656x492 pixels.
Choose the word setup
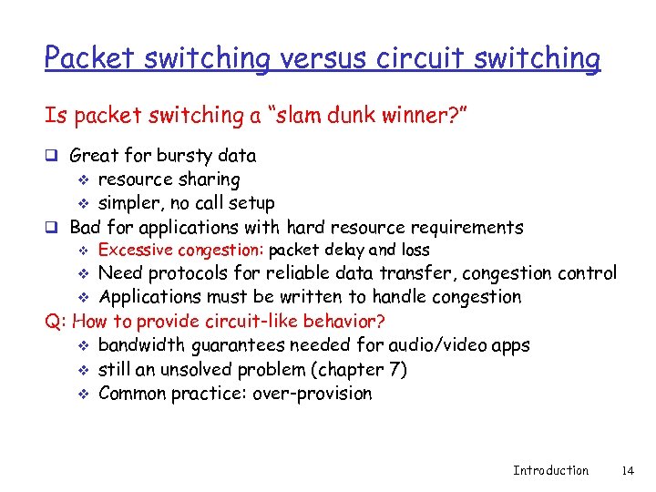[248, 203]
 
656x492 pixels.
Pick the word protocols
[186, 273]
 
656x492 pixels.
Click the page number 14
[627, 470]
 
